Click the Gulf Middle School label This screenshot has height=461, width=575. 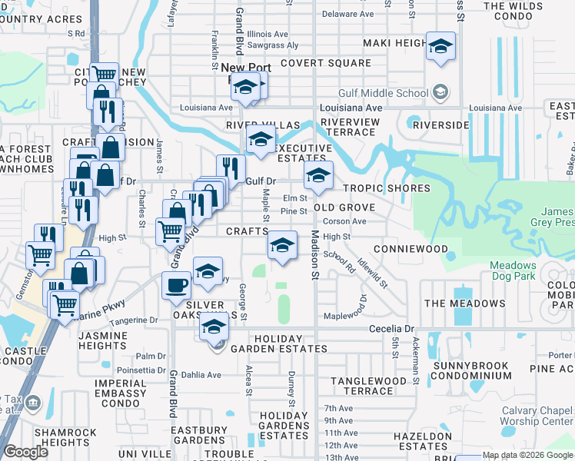point(392,94)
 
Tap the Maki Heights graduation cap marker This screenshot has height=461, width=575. point(440,46)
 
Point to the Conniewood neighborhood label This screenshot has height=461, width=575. point(410,250)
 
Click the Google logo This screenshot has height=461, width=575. point(25,451)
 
